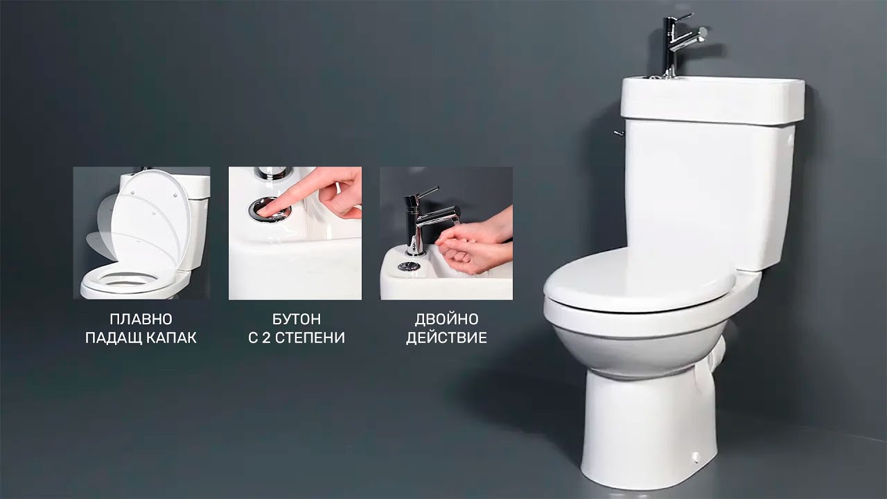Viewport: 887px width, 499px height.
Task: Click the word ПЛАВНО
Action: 141,319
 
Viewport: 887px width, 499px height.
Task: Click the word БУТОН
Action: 297,319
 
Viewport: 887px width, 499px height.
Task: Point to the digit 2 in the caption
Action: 265,338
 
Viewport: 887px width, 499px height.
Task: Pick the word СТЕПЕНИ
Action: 310,338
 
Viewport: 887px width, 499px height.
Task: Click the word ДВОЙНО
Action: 447,319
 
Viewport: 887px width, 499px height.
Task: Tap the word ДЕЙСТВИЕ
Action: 447,338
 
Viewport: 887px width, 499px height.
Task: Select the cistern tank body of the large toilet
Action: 709,194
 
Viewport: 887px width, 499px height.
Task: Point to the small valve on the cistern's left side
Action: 619,133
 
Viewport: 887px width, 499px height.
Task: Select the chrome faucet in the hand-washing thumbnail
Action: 428,220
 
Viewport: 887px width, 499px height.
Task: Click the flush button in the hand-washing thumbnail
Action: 409,265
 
